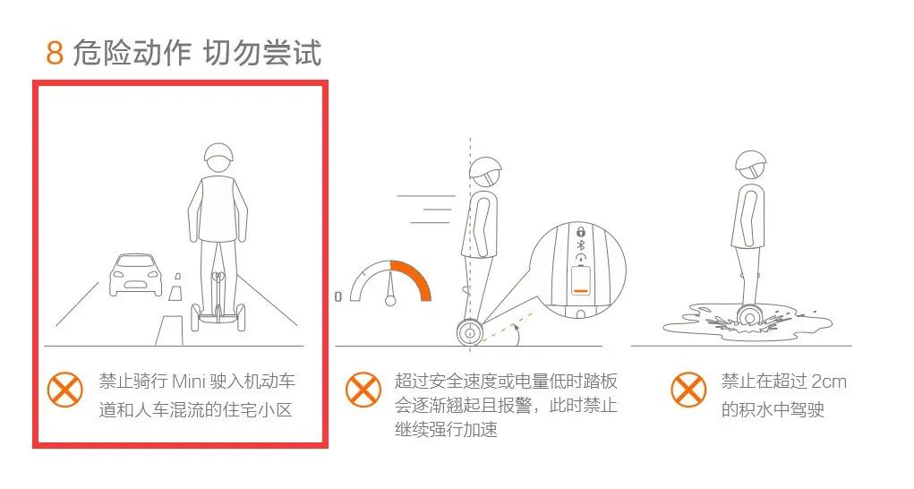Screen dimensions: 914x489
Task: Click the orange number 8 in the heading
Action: tap(55, 53)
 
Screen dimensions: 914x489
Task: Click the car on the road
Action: tap(135, 274)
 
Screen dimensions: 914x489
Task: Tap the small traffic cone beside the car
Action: tap(175, 287)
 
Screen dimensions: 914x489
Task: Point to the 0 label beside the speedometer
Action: tap(338, 296)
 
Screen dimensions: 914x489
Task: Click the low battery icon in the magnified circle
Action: tap(581, 281)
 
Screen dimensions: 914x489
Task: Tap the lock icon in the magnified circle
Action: tap(581, 231)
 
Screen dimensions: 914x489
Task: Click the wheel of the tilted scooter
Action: tap(470, 333)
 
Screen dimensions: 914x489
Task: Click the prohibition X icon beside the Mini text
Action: tap(64, 390)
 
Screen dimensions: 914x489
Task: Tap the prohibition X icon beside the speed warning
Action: tap(363, 390)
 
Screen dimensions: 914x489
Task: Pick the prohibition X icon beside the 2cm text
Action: tap(688, 390)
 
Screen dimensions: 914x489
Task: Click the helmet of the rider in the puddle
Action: tap(751, 164)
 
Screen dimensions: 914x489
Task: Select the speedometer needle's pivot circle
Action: tap(390, 301)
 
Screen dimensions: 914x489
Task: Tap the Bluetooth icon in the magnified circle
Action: tap(581, 244)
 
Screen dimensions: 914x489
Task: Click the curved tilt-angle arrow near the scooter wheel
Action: tap(516, 335)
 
